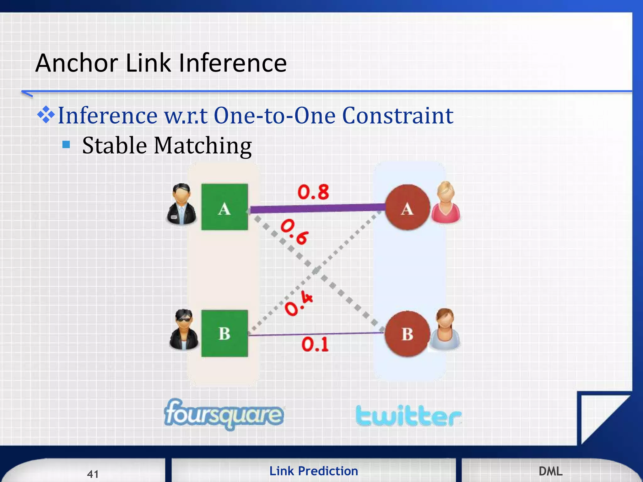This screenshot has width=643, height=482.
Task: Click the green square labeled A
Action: point(224,207)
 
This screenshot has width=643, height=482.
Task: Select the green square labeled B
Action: point(224,333)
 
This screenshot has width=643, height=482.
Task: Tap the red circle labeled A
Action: point(407,207)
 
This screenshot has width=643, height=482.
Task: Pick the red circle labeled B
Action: point(407,334)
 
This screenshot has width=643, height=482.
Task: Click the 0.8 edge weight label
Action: point(313,192)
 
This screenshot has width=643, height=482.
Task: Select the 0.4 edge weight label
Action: point(299,303)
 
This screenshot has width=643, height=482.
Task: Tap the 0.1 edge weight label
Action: point(315,344)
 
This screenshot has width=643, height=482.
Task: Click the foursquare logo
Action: point(224,414)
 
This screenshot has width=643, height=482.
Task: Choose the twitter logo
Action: point(408,416)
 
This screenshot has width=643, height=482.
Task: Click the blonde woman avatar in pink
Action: point(446,202)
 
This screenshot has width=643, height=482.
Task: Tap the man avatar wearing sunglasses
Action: point(184,329)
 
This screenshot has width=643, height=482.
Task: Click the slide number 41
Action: point(93,474)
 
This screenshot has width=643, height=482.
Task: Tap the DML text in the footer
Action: point(550,471)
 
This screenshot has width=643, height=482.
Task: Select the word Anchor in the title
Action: point(77,63)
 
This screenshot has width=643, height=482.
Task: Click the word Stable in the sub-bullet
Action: point(114,146)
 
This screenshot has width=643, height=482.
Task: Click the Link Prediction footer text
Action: point(314,471)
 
